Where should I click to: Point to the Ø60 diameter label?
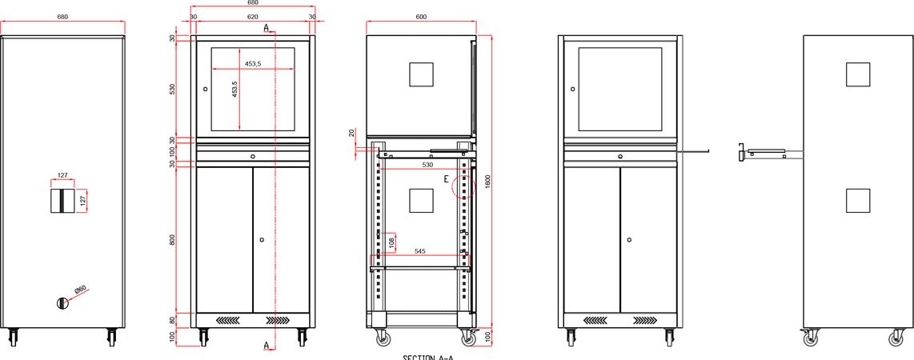coord(81,289)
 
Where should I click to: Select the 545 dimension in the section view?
coord(419,251)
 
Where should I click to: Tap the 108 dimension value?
coord(391,242)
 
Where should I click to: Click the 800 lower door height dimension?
coord(172,240)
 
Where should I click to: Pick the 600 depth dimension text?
coord(421,18)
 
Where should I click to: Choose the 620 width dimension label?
coord(252,15)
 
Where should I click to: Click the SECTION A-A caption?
coord(427,357)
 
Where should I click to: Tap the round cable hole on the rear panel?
coord(63,302)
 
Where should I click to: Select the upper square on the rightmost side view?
coord(858,74)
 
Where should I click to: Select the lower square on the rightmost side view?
coord(858,200)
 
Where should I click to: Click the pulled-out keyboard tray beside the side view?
coord(763,152)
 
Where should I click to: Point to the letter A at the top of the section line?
coord(266,27)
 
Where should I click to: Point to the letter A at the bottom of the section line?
coord(266,346)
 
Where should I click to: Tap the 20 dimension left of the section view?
coord(351,131)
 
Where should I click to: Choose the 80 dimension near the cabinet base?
coord(172,320)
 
